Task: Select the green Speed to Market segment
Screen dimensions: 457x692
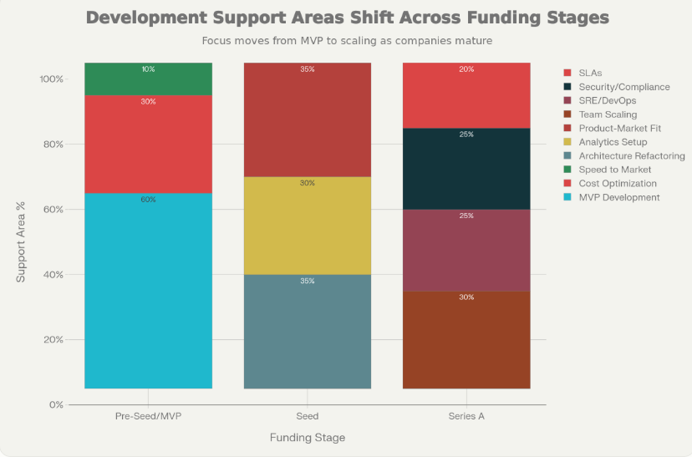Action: [x=148, y=79]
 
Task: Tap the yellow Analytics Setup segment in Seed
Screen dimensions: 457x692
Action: [x=307, y=226]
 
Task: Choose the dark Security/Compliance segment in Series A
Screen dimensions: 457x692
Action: [x=466, y=169]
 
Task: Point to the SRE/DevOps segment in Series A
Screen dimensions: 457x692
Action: [x=466, y=250]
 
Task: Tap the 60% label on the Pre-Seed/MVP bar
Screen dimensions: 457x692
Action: [x=148, y=200]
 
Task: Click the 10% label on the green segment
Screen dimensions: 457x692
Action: [x=148, y=69]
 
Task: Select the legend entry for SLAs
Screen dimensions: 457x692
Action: [x=590, y=73]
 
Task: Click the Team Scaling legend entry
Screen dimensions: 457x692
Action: [x=608, y=114]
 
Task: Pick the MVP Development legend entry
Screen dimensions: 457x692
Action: [x=618, y=197]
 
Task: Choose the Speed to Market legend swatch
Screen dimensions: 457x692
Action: [x=569, y=170]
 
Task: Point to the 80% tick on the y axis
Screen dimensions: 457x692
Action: [x=53, y=145]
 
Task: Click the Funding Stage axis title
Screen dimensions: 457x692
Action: [x=307, y=438]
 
